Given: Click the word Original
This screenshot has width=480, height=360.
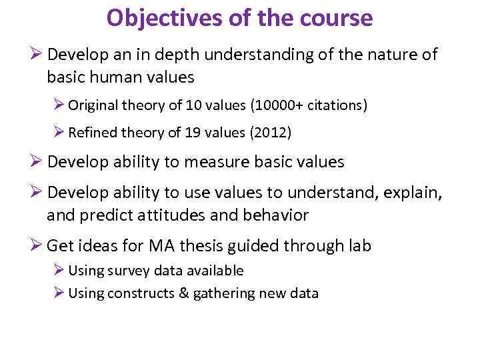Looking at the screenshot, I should (93, 105).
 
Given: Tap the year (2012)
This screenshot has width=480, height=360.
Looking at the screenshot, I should (270, 133).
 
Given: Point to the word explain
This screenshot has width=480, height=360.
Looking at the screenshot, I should (414, 192).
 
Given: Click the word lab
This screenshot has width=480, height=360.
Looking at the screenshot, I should (358, 245).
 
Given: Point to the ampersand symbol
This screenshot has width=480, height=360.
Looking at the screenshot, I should (184, 293).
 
